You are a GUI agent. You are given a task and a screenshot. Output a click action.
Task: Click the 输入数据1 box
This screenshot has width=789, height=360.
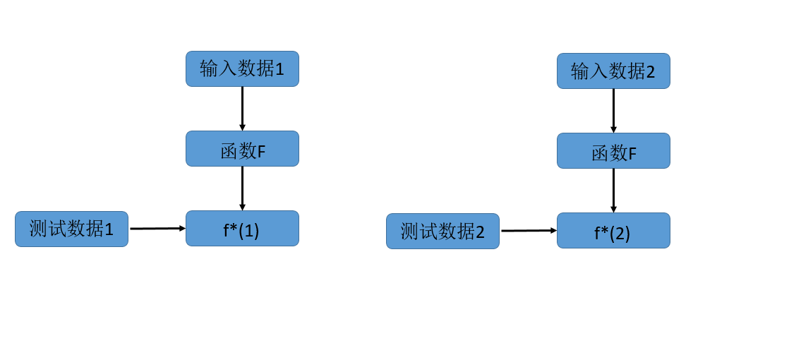242,68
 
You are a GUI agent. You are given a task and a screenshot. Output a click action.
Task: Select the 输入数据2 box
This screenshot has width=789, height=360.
613,71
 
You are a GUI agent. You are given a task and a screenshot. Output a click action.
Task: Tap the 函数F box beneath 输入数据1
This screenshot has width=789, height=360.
242,148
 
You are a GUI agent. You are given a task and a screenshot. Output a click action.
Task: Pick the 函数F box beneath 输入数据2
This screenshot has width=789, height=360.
613,150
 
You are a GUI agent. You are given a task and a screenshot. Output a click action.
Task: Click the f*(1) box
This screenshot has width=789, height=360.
242,228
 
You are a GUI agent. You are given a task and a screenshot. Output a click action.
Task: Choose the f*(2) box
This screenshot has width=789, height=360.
613,230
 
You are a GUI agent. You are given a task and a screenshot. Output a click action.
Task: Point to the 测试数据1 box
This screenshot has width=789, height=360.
71,229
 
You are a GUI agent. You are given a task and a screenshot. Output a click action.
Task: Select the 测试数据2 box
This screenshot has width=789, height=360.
442,231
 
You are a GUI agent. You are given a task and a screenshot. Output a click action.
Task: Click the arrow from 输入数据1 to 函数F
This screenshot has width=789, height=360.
242,108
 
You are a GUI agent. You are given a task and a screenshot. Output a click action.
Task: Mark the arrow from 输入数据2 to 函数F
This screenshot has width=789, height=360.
613,110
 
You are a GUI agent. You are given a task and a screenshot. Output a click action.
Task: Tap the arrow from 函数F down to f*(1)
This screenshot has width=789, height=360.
242,188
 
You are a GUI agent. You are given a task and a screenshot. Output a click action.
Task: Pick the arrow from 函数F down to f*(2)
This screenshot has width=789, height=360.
613,190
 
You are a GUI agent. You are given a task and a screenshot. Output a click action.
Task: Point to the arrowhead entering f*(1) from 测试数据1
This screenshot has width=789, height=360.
182,228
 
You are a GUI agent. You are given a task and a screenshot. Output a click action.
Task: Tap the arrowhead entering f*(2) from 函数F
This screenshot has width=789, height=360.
613,209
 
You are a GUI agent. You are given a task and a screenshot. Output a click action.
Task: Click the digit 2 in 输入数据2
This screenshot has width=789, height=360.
651,71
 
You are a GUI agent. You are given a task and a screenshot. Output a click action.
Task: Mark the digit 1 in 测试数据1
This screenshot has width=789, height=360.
109,229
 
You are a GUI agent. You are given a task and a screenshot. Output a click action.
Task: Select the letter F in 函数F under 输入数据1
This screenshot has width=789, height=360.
261,152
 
